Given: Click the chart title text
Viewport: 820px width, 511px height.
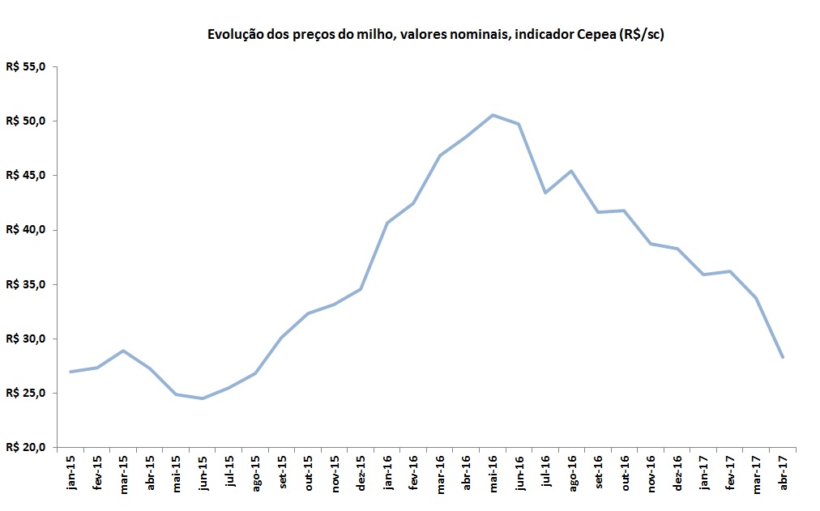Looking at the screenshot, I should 436,35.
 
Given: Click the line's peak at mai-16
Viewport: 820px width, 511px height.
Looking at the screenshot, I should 493,115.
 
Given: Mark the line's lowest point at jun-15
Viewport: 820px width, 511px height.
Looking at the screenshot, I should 202,398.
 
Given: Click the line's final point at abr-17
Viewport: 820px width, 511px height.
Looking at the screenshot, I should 783,357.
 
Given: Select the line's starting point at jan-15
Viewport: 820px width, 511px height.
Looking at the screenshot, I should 70,372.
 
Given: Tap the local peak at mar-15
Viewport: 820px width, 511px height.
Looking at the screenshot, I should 122,351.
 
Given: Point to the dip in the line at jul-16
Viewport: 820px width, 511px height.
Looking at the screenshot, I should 545,193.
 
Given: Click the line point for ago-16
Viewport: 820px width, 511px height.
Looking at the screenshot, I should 572,171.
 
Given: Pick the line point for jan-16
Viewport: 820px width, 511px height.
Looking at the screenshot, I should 387,222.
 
